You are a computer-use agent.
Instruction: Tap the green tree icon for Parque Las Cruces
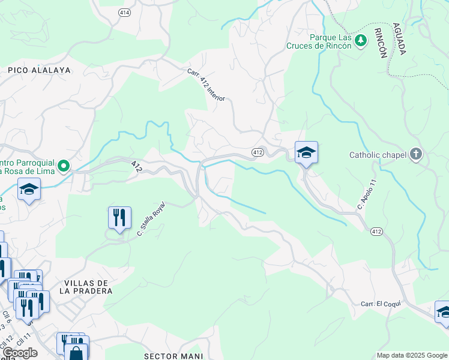pos(361,41)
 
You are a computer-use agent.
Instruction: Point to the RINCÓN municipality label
pos(381,42)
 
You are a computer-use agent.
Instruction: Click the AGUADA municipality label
pos(399,39)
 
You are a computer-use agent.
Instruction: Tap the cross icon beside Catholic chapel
pos(415,155)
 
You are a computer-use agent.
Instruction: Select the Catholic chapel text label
pos(378,155)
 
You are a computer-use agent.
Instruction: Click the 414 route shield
pos(124,13)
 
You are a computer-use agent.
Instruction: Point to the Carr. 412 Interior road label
pos(205,85)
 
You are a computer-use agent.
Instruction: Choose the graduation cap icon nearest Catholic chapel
pos(306,152)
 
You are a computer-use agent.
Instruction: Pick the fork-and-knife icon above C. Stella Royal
pos(119,217)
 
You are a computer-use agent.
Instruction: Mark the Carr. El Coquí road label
pos(381,304)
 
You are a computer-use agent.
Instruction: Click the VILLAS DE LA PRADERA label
pos(86,287)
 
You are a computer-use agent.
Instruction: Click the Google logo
pos(20,353)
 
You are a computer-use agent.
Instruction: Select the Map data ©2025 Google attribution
pos(412,355)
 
